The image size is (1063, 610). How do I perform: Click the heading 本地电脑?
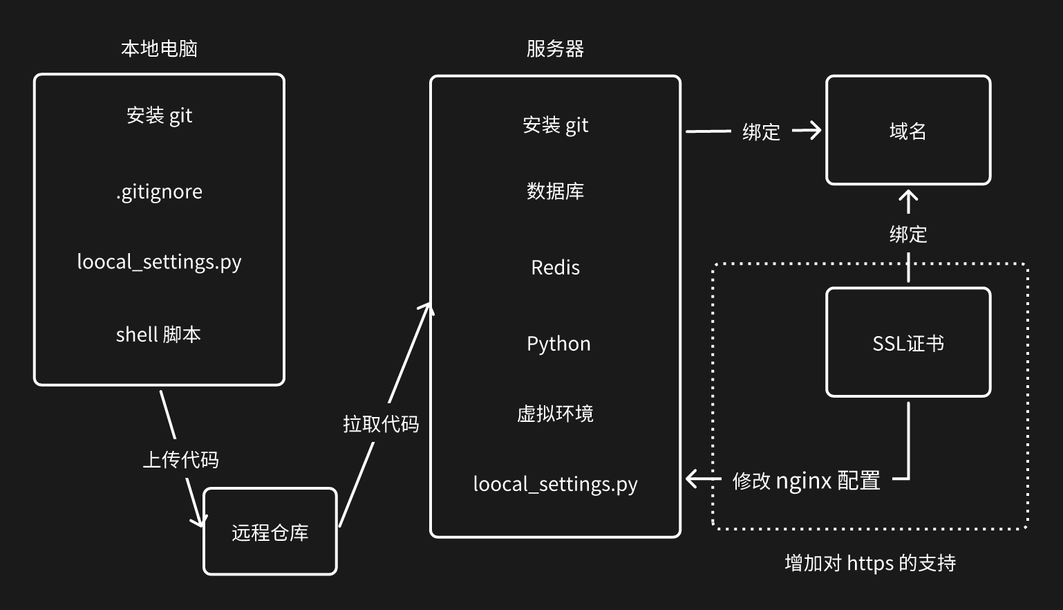(x=159, y=48)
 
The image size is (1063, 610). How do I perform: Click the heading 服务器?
(x=555, y=48)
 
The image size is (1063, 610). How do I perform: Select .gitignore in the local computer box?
(x=159, y=192)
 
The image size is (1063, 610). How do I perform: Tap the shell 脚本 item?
(x=158, y=335)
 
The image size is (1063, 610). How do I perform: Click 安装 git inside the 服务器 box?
(x=555, y=125)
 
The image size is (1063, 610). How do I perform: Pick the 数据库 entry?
(x=555, y=191)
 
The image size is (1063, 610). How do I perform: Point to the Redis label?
(x=555, y=268)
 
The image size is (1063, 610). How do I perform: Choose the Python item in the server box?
(x=558, y=344)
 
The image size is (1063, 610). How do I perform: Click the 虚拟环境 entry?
(x=555, y=414)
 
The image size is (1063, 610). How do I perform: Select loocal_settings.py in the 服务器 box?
(x=555, y=484)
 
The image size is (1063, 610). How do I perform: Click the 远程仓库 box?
(x=270, y=532)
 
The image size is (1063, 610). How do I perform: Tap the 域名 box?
(x=907, y=131)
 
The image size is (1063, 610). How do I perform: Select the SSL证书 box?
(x=907, y=343)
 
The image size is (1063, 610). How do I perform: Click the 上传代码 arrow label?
(x=180, y=459)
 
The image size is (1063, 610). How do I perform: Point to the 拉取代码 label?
(x=381, y=423)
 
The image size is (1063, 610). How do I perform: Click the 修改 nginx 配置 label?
(x=806, y=480)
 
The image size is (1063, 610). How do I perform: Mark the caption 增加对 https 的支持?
(x=870, y=563)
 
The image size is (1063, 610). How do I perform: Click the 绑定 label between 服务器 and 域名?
(x=761, y=131)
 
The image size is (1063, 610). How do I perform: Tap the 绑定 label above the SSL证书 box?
(x=907, y=234)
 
